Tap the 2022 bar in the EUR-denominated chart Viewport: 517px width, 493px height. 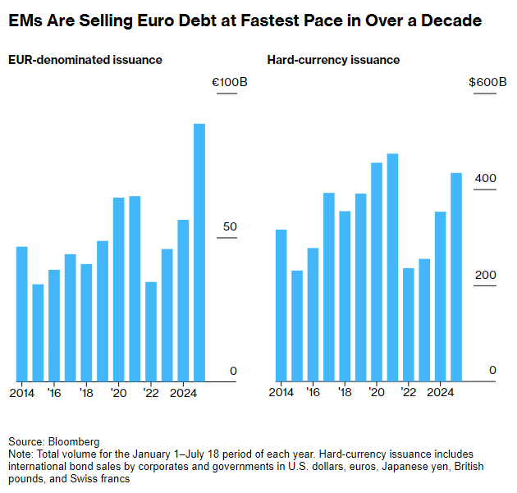[x=151, y=331]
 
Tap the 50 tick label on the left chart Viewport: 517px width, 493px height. [x=230, y=226]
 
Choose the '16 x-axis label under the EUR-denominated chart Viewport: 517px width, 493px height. [x=54, y=392]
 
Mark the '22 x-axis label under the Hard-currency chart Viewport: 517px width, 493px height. [x=409, y=392]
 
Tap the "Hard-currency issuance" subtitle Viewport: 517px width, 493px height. [x=334, y=60]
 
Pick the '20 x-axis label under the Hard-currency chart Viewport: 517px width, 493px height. [x=377, y=392]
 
